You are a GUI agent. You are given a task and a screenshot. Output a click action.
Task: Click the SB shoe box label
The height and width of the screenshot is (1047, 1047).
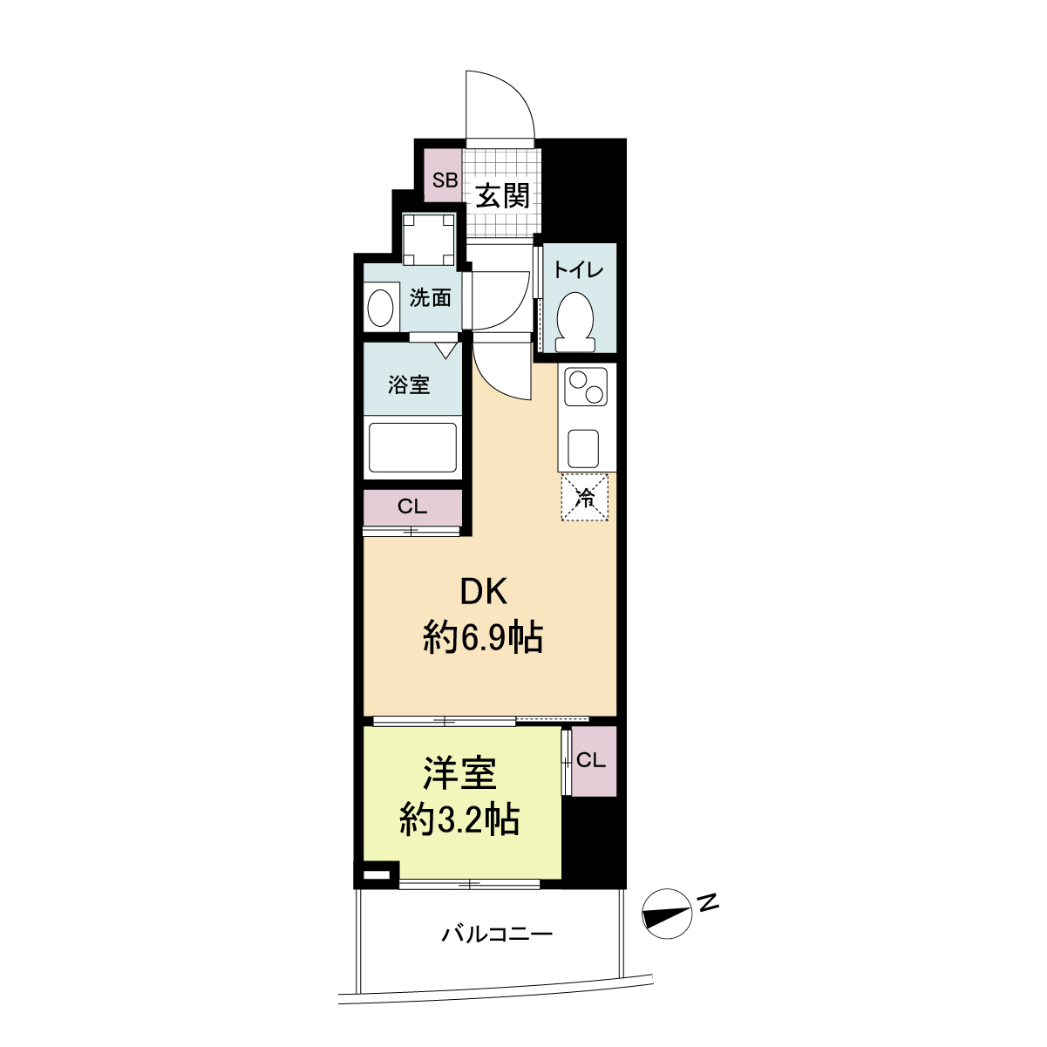pos(445,180)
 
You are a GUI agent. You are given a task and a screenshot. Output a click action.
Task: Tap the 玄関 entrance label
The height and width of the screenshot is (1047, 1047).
pos(502,196)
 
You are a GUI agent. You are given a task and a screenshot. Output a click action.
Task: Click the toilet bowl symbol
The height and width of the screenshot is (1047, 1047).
pos(575,323)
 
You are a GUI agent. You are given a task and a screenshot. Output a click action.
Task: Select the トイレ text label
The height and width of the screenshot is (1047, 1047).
pos(578,270)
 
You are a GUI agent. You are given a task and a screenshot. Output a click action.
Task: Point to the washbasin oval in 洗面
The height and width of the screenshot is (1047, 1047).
pos(380,308)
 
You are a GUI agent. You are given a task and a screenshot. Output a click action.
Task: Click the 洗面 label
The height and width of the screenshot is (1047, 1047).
pos(430,298)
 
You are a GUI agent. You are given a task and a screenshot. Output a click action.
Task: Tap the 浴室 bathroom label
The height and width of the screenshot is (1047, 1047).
pos(409,384)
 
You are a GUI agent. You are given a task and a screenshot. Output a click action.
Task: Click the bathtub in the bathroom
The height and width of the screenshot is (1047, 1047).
pos(412,448)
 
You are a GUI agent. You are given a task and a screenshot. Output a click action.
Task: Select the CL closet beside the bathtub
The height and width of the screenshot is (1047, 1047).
pos(412,507)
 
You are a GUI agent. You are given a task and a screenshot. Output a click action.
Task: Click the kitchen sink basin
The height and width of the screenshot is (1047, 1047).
pos(583,449)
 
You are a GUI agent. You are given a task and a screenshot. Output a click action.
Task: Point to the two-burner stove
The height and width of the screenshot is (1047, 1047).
pos(585,387)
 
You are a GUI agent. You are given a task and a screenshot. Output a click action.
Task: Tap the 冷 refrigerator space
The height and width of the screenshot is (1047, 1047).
pos(585,498)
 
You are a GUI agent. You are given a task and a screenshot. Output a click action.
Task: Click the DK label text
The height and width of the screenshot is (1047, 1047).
pos(484,592)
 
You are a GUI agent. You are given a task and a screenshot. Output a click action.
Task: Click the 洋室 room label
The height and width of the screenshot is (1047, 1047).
pos(459,773)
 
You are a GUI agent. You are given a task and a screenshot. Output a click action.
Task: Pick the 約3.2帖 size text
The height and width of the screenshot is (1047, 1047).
pos(459,819)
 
